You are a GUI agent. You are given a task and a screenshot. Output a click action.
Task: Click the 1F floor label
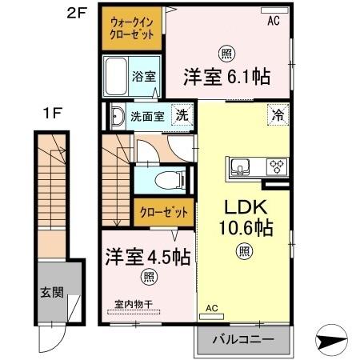click(x=52, y=113)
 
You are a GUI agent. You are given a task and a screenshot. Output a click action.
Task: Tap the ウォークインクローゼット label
click(x=132, y=29)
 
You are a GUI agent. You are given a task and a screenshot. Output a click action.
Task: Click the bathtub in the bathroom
click(x=118, y=78)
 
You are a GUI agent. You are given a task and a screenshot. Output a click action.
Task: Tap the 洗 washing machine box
click(x=182, y=114)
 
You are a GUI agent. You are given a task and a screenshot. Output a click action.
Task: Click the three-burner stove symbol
click(x=276, y=167)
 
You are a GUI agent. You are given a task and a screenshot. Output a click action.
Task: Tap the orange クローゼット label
click(x=163, y=213)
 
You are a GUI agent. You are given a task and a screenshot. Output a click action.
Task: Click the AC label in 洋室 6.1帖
click(x=274, y=22)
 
